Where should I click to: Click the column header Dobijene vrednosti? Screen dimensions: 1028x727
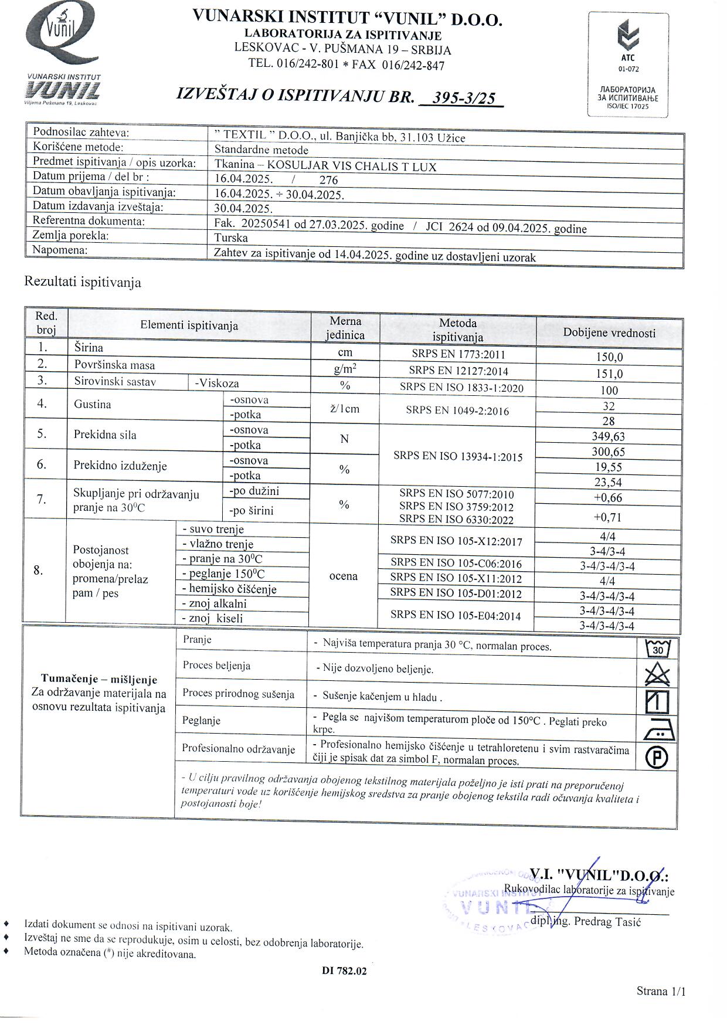coord(609,333)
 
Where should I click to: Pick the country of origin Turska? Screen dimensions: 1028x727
coord(231,238)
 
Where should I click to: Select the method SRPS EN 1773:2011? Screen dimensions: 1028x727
coord(458,354)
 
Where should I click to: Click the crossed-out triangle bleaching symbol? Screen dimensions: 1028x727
coord(657,674)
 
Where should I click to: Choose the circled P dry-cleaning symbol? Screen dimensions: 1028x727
coord(657,757)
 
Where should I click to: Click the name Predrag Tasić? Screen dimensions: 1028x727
coord(607,921)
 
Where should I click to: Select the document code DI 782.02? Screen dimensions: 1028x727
coord(344,971)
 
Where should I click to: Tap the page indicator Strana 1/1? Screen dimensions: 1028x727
coord(661,991)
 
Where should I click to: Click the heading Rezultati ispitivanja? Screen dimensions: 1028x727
coord(83,283)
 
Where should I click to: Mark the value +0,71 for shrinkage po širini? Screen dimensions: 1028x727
coord(608,517)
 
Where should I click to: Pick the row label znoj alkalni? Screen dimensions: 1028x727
coord(215,604)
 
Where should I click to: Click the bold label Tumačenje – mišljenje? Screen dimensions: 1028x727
coord(99,680)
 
